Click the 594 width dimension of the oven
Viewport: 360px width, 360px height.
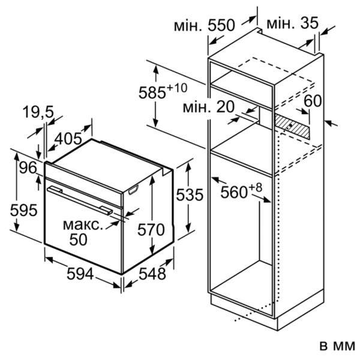[x=80, y=274]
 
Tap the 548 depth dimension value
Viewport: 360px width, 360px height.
[x=152, y=274]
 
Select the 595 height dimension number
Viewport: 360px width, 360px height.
[x=23, y=210]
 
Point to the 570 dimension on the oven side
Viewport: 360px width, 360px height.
[x=151, y=229]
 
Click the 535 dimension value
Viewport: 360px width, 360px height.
[x=190, y=194]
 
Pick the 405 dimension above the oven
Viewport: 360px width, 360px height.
[x=68, y=139]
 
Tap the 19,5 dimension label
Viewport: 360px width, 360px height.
[x=38, y=112]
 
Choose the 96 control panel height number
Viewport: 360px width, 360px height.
[x=28, y=167]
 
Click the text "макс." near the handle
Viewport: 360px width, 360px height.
[x=83, y=225]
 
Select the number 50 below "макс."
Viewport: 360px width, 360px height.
[x=79, y=239]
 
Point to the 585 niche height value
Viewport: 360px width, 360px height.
[x=152, y=92]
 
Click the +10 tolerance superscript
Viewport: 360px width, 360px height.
[x=177, y=88]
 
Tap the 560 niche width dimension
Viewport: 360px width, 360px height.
[x=234, y=192]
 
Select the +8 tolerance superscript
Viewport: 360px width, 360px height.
[x=255, y=188]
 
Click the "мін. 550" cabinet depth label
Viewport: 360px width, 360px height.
[x=205, y=25]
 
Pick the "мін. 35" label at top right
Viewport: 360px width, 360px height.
[x=293, y=23]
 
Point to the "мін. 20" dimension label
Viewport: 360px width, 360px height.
[x=209, y=107]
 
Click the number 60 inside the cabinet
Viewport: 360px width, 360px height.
[x=313, y=101]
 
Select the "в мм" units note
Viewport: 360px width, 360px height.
[x=337, y=346]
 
